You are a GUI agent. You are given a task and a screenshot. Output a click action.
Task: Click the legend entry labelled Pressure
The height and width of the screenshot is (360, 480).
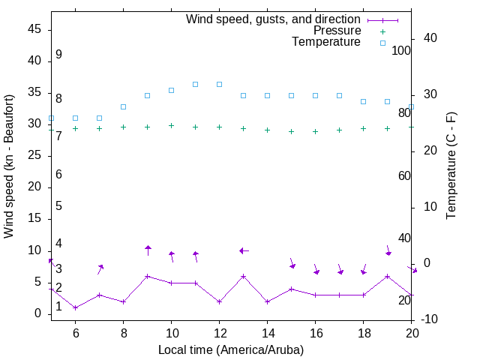tap(337, 31)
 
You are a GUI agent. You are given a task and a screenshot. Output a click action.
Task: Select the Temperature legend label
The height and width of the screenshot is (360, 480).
tap(326, 42)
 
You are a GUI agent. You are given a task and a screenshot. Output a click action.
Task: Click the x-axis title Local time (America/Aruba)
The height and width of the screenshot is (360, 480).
tap(231, 349)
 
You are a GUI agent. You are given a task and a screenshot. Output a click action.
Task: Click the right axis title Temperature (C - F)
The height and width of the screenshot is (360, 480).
tap(451, 166)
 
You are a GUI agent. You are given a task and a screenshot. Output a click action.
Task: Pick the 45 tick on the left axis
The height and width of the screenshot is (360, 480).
tap(34, 29)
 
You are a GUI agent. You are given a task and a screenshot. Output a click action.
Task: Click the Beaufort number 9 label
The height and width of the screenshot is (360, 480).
tap(58, 55)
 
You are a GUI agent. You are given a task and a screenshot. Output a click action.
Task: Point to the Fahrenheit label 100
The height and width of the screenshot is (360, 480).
tap(401, 50)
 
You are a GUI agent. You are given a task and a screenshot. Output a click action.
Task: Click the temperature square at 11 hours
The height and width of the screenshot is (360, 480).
tap(195, 84)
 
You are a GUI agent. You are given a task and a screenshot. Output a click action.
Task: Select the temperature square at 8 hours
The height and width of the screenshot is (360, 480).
tap(123, 106)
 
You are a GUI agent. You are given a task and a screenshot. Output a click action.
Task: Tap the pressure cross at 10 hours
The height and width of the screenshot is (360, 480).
tap(171, 125)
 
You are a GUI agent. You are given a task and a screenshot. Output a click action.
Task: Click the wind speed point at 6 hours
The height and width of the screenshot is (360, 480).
tap(75, 307)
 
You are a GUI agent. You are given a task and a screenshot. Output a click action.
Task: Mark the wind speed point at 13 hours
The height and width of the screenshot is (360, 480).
tap(243, 276)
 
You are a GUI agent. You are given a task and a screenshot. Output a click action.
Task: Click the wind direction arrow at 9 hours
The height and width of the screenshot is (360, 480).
tap(148, 250)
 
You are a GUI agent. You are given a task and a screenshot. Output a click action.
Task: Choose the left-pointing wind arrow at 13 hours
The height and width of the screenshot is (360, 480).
tap(244, 250)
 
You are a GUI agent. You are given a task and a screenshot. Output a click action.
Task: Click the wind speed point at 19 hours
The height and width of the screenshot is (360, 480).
tap(387, 276)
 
